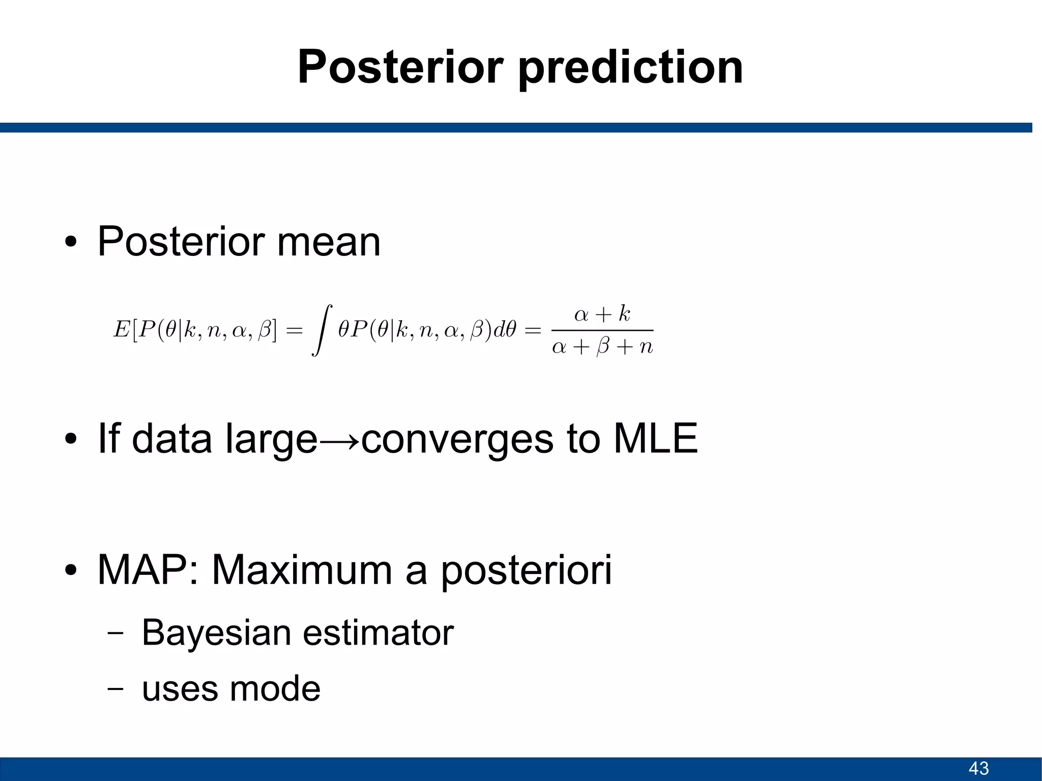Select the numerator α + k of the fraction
(602, 314)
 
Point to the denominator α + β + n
(602, 347)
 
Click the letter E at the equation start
(121, 330)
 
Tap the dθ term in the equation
(505, 330)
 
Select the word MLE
(655, 439)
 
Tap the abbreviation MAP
(142, 570)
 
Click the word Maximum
(302, 570)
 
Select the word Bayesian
(216, 633)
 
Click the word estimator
(378, 633)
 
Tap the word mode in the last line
(275, 688)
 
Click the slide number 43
(978, 768)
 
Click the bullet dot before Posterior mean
(71, 243)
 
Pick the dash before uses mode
(115, 688)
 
